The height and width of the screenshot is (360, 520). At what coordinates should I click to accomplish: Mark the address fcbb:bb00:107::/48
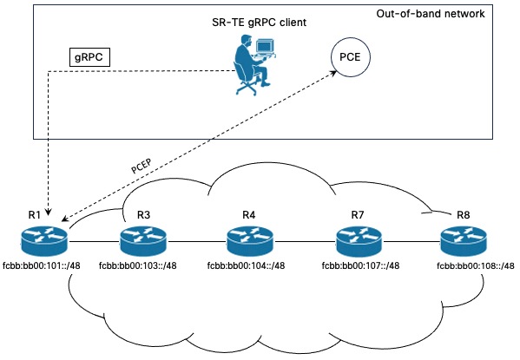point(359,265)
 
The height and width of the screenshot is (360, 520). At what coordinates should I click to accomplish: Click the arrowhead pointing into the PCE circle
point(335,75)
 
